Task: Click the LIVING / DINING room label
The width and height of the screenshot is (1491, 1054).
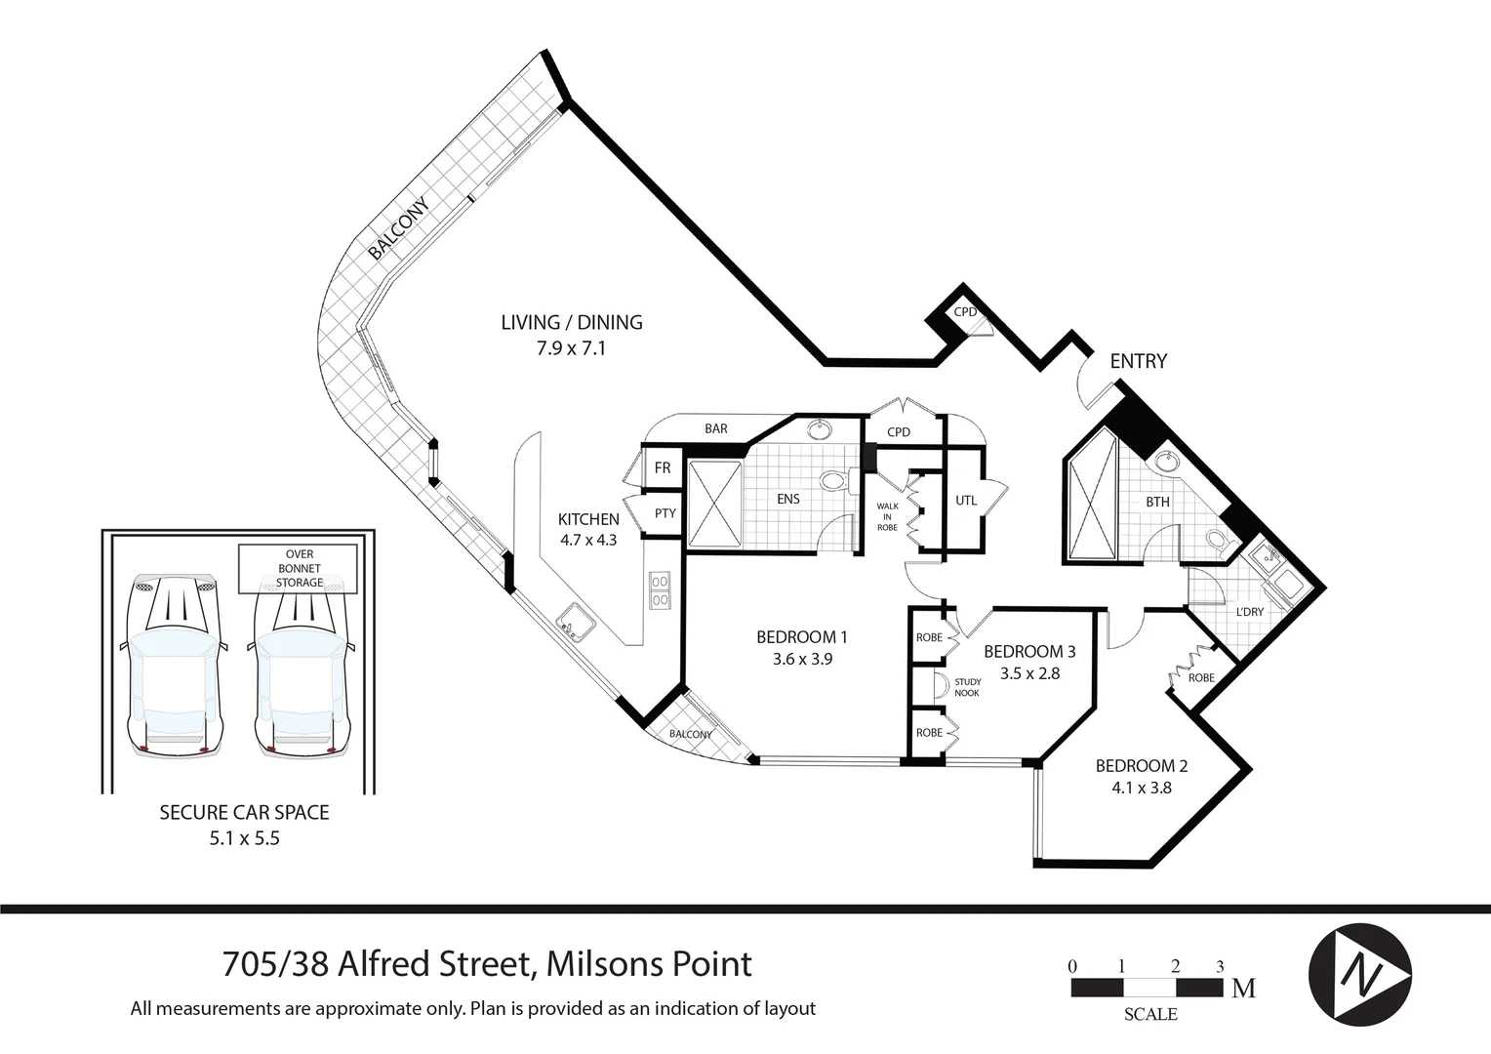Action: point(571,322)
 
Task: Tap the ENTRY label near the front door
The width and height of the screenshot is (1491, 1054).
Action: point(1138,361)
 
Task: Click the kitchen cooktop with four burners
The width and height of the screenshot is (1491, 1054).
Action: point(660,589)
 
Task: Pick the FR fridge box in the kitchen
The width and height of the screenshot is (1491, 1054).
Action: point(663,468)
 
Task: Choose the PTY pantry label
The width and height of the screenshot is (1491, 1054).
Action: point(665,513)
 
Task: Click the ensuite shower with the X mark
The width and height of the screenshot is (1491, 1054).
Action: point(714,506)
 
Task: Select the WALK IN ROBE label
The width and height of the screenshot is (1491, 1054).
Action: point(887,516)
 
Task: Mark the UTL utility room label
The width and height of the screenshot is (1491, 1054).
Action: point(965,501)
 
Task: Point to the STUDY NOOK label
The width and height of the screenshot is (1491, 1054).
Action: point(967,687)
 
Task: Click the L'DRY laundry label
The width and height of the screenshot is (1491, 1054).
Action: point(1249,612)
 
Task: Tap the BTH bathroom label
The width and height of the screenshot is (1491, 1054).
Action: point(1157,502)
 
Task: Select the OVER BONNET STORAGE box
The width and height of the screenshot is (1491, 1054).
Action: point(299,568)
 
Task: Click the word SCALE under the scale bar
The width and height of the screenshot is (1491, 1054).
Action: point(1149,1015)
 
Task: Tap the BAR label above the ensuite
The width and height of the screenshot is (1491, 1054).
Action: point(716,428)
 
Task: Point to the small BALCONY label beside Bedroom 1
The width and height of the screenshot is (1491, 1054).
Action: point(690,735)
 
